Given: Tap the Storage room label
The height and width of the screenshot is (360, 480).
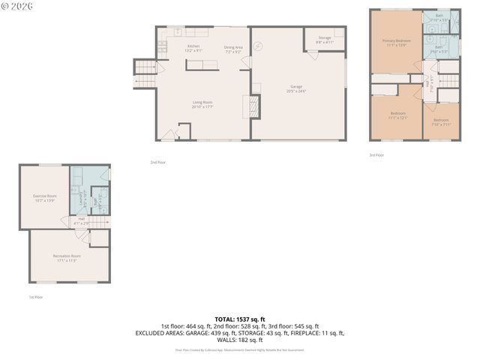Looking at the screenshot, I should (324, 39).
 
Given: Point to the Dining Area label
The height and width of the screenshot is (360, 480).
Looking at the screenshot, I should (233, 49).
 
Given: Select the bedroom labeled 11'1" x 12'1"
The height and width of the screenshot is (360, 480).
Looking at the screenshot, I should (397, 116).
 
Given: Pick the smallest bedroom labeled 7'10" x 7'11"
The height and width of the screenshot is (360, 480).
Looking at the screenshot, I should (441, 121).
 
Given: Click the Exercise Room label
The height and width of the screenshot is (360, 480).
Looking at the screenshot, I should (44, 198).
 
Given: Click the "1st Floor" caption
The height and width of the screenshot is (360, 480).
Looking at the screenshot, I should (36, 297).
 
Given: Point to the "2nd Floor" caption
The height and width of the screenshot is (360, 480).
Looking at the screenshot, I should (157, 162).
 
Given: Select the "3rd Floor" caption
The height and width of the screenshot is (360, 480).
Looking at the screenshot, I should (376, 154).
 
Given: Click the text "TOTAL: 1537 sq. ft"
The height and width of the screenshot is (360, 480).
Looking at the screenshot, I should (239, 319).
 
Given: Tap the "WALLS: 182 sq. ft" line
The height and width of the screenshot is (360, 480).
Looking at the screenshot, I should (239, 340).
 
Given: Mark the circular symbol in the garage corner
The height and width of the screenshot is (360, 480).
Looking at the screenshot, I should (259, 45).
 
